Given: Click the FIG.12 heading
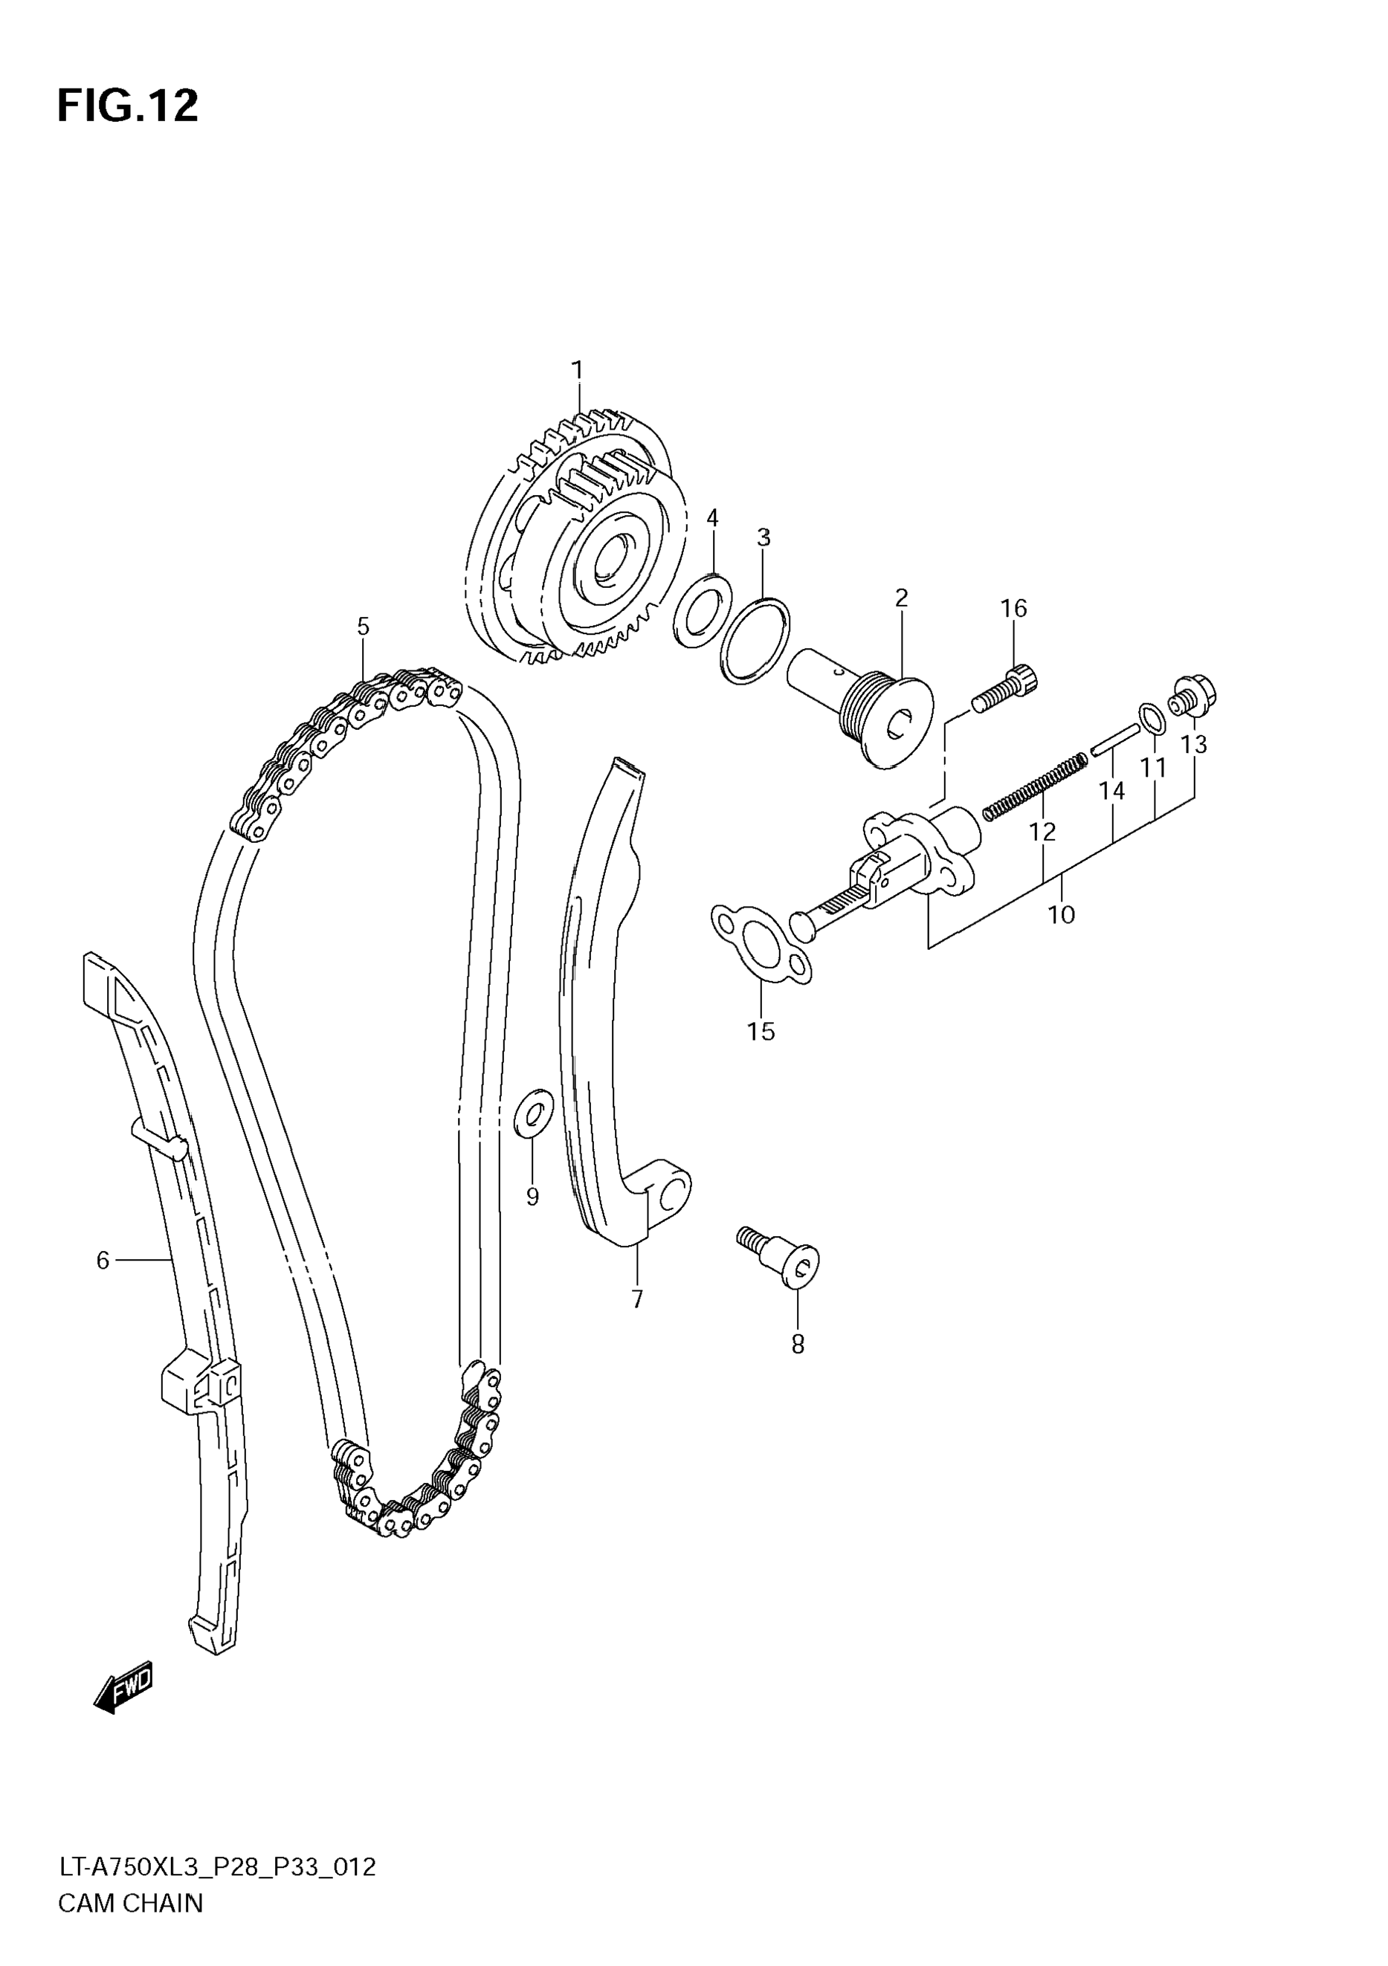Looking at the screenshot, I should tap(128, 107).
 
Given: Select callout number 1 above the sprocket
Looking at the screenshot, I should tap(578, 370).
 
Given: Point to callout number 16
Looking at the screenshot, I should tap(1014, 609).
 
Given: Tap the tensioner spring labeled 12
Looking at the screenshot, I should tap(1034, 782).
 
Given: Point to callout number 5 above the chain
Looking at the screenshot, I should tap(363, 627).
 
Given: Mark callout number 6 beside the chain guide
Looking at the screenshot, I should tap(103, 1261).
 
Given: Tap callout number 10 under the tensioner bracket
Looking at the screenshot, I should tap(1061, 914).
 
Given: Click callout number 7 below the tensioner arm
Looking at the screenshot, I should tap(637, 1300).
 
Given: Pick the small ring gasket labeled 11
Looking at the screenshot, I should tap(1152, 719).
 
